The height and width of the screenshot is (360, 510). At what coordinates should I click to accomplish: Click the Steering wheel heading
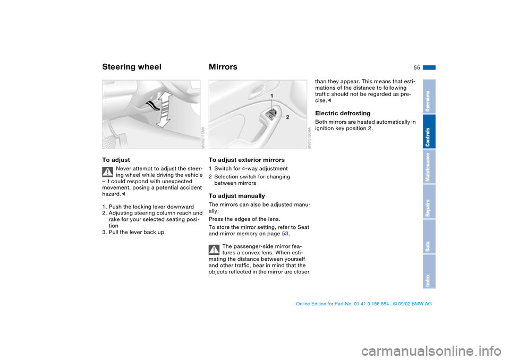131,67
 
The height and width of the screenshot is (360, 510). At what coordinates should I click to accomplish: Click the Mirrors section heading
223,67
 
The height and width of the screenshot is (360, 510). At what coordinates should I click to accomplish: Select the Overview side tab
429,97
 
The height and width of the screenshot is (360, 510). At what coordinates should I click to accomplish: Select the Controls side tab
429,132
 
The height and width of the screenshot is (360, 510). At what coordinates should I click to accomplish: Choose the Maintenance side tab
429,167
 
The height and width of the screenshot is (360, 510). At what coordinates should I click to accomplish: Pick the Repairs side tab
429,202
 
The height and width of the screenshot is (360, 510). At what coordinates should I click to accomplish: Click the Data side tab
429,237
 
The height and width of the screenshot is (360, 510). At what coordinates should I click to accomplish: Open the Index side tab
429,272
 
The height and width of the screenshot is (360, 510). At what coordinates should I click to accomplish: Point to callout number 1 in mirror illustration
271,96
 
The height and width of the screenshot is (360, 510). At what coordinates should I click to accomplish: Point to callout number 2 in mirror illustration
287,116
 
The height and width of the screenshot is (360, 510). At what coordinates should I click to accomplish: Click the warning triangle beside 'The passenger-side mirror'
214,249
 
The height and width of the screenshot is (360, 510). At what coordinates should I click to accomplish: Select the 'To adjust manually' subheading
236,196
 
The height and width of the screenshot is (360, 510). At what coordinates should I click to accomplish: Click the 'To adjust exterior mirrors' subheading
246,160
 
